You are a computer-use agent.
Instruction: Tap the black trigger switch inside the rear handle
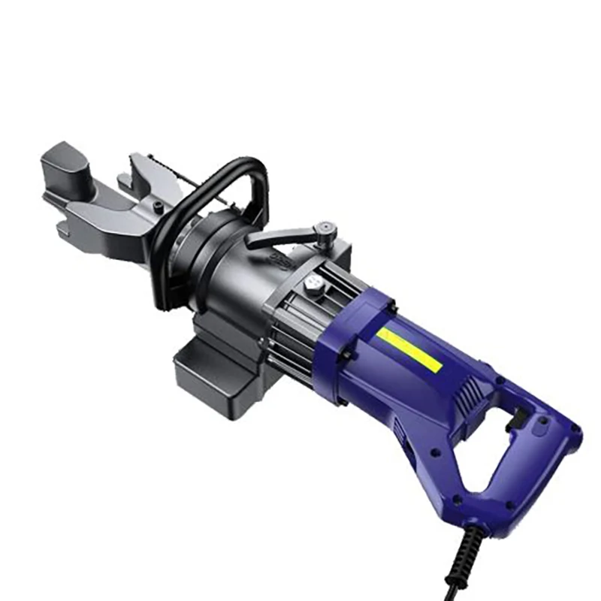[519, 424]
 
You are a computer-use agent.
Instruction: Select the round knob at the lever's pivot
[325, 226]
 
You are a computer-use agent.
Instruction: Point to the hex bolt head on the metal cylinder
[313, 285]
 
